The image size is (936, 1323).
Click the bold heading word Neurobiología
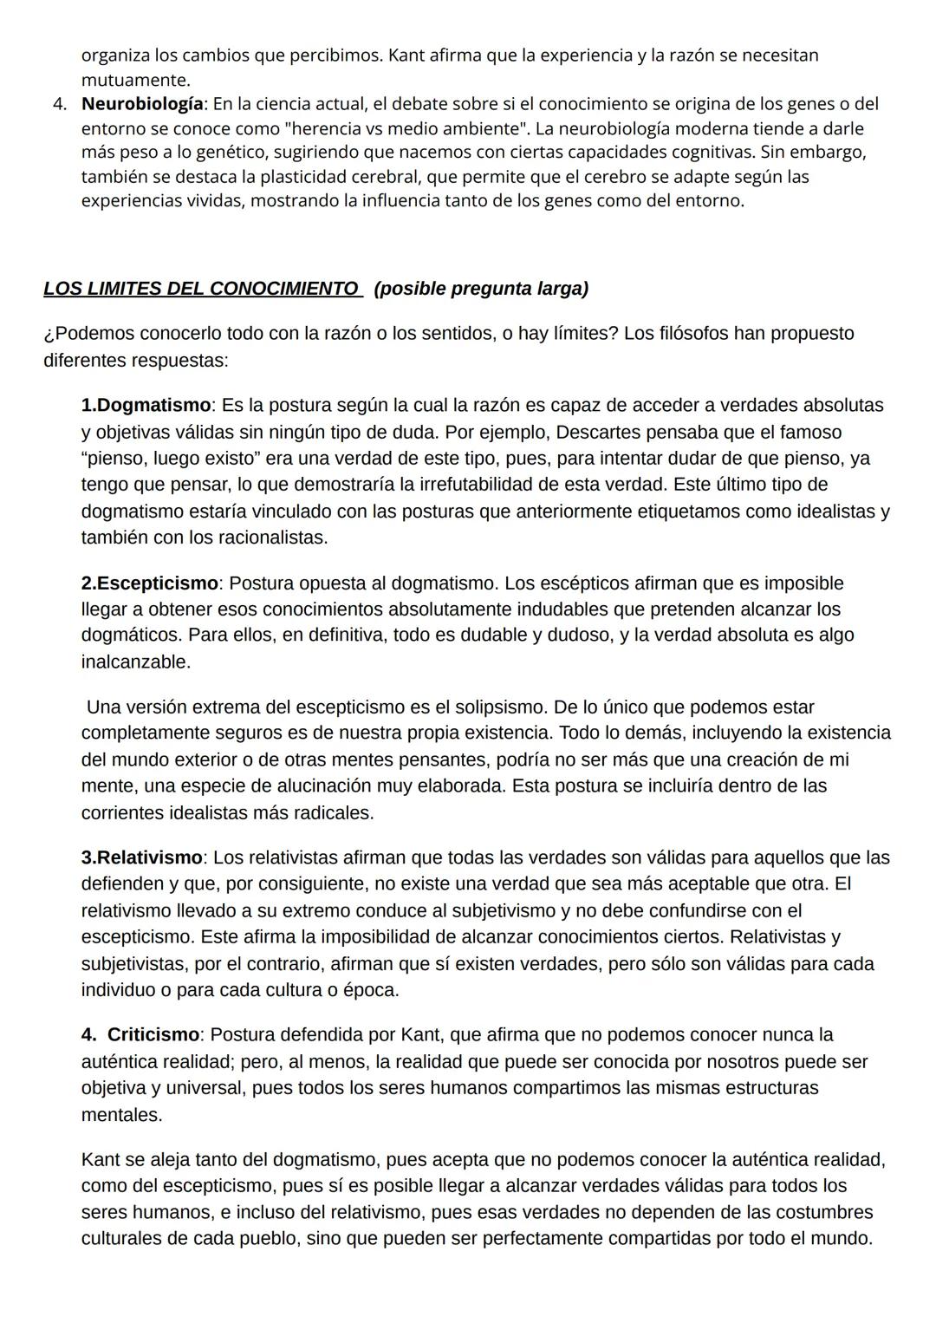pos(143,104)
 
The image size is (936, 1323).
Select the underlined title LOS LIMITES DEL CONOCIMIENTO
pos(201,289)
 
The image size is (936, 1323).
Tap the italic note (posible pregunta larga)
pos(481,289)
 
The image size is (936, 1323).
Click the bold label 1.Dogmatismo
pos(146,405)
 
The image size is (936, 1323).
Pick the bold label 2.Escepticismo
pos(149,583)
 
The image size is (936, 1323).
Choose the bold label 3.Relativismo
pos(141,857)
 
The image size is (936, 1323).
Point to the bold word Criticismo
pos(153,1034)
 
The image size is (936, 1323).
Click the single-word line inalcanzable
pos(135,661)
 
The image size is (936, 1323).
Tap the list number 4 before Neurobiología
pos(59,104)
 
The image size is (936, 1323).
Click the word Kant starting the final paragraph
pos(101,1159)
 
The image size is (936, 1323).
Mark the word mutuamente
pos(135,80)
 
